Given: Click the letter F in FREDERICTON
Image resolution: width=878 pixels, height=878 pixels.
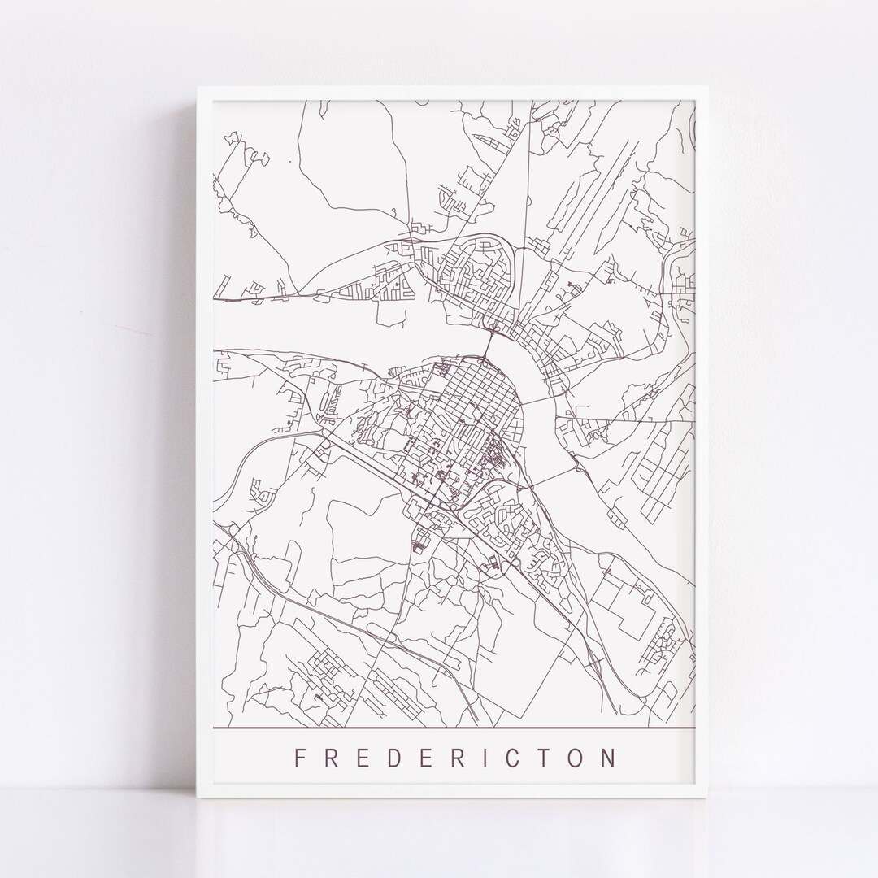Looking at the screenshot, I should (x=299, y=758).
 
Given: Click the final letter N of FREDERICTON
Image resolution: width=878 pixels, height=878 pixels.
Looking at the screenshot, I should (x=609, y=758).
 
